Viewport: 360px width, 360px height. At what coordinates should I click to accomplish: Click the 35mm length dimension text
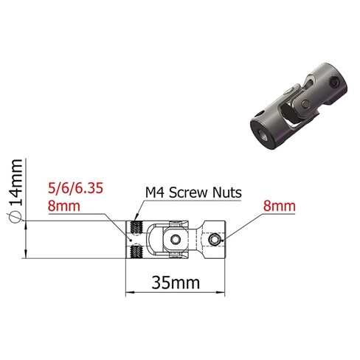(176, 283)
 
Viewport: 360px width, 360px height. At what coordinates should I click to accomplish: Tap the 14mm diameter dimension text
(15, 182)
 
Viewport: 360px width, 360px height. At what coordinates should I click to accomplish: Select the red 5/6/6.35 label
(75, 189)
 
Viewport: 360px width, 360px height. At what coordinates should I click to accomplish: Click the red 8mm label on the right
(280, 206)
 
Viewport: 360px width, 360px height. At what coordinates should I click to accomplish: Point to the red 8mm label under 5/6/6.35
(64, 206)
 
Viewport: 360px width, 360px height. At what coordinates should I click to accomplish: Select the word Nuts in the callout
(227, 193)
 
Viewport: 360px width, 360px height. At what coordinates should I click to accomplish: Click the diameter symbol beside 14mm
(15, 218)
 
